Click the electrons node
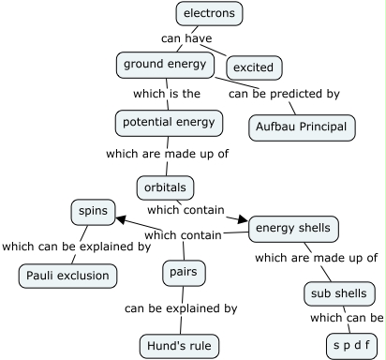point(210,14)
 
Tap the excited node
point(255,67)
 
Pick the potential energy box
point(170,122)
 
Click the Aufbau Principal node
point(303,126)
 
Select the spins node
point(93,213)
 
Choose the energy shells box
point(293,228)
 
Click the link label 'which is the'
point(166,94)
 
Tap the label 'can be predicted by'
point(284,94)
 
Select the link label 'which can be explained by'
point(76,247)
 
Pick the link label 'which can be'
point(347,318)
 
